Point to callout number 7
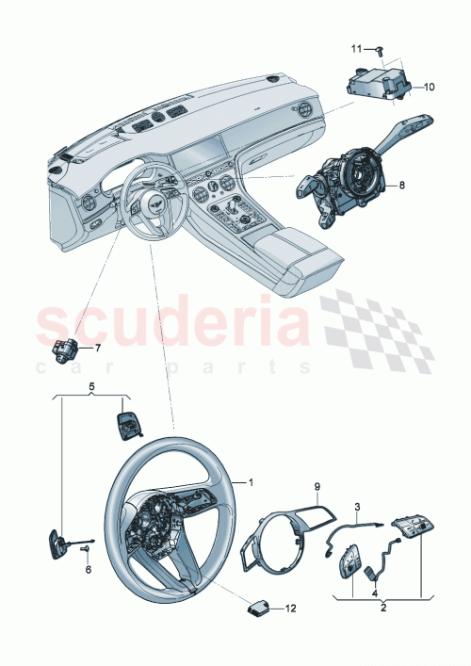tap(96, 348)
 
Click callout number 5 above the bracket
tap(91, 386)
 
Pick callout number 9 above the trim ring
tap(317, 486)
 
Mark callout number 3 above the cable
tap(357, 508)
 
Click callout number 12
tap(290, 610)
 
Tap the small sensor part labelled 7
tap(66, 352)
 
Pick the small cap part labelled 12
tap(259, 608)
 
